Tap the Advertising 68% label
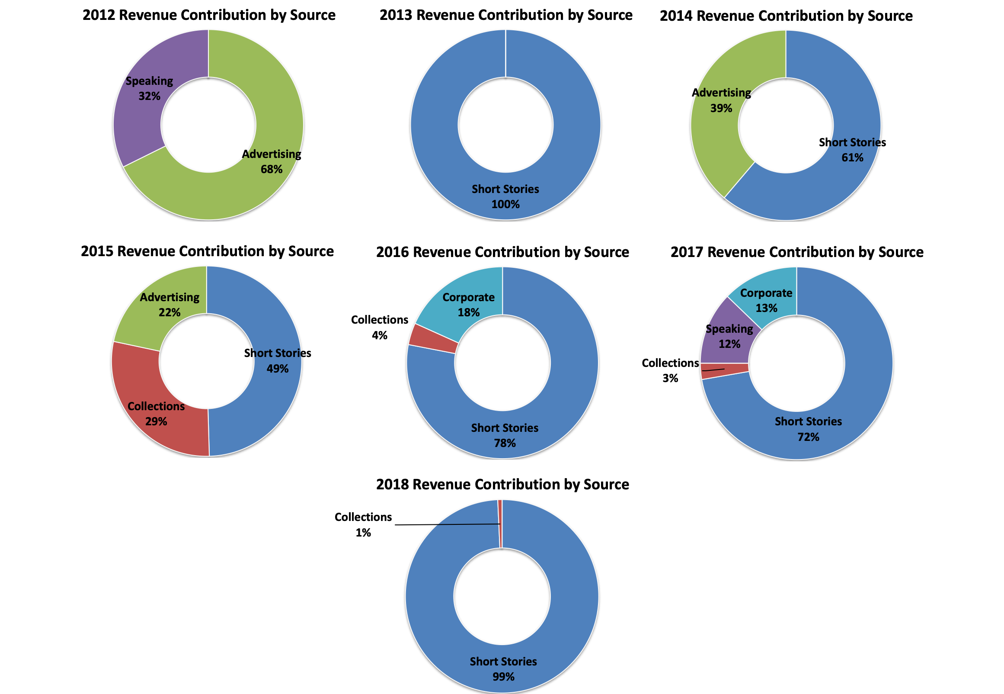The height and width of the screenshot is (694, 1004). pyautogui.click(x=272, y=162)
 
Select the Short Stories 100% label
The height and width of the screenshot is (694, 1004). pyautogui.click(x=505, y=196)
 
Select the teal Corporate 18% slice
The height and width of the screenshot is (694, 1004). pyautogui.click(x=460, y=305)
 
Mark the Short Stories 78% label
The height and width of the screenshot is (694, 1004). pyautogui.click(x=505, y=435)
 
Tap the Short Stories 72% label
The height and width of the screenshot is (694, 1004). pyautogui.click(x=808, y=429)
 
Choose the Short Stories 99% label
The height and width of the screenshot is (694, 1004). pyautogui.click(x=503, y=669)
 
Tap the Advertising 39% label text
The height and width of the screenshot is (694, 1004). pyautogui.click(x=722, y=100)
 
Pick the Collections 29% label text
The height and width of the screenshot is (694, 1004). pyautogui.click(x=156, y=414)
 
